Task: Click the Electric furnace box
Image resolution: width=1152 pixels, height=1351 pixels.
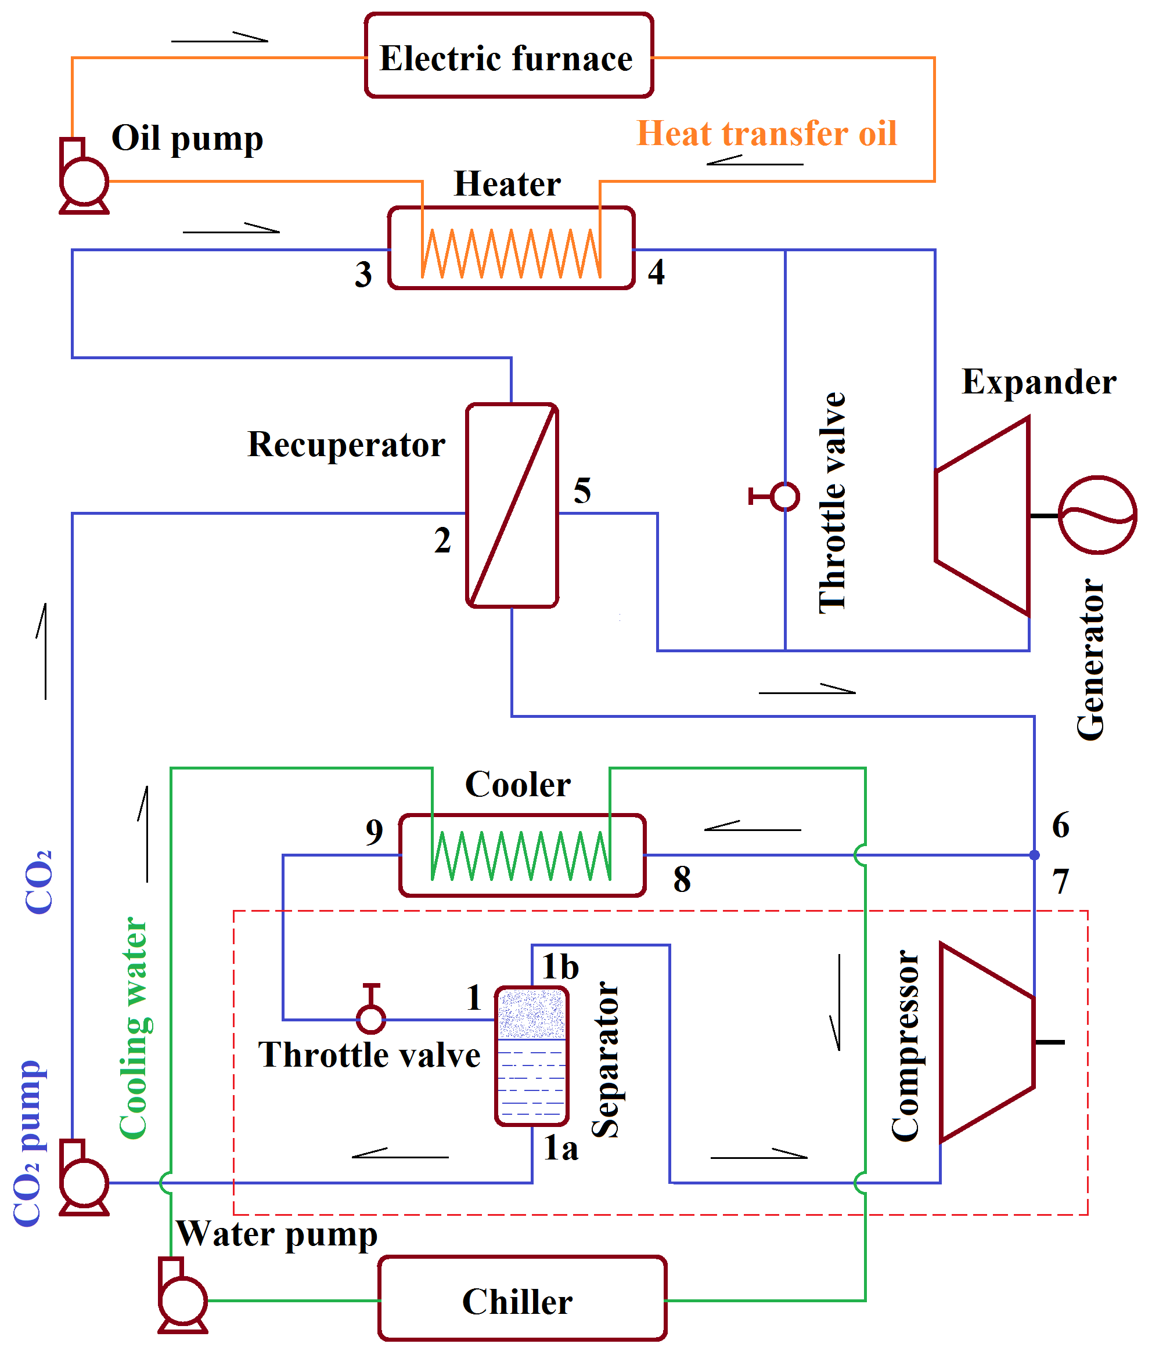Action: (x=508, y=56)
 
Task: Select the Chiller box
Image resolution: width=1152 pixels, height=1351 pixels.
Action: (x=521, y=1301)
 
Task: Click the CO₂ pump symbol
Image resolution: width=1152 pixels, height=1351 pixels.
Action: (x=84, y=1182)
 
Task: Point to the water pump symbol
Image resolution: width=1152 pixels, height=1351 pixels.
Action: (x=183, y=1301)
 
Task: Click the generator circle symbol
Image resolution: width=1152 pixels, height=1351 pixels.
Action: (x=1097, y=515)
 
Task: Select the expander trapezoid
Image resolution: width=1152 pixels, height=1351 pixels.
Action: (x=982, y=515)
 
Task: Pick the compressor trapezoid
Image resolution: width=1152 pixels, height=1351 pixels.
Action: (x=987, y=1042)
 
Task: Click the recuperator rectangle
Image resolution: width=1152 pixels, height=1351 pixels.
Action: (x=512, y=505)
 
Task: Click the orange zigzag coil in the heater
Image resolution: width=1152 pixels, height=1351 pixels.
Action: (x=511, y=254)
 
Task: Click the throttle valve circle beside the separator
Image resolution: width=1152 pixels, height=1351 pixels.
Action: (x=370, y=1019)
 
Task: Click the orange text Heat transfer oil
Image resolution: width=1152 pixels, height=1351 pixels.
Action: (x=766, y=133)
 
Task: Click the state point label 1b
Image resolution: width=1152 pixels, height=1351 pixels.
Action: (x=560, y=966)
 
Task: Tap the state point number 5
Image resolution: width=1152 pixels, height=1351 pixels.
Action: (x=582, y=490)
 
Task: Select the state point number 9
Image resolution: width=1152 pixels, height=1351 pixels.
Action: (x=374, y=832)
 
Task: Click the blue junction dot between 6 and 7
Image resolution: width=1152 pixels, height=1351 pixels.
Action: (x=1034, y=855)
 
